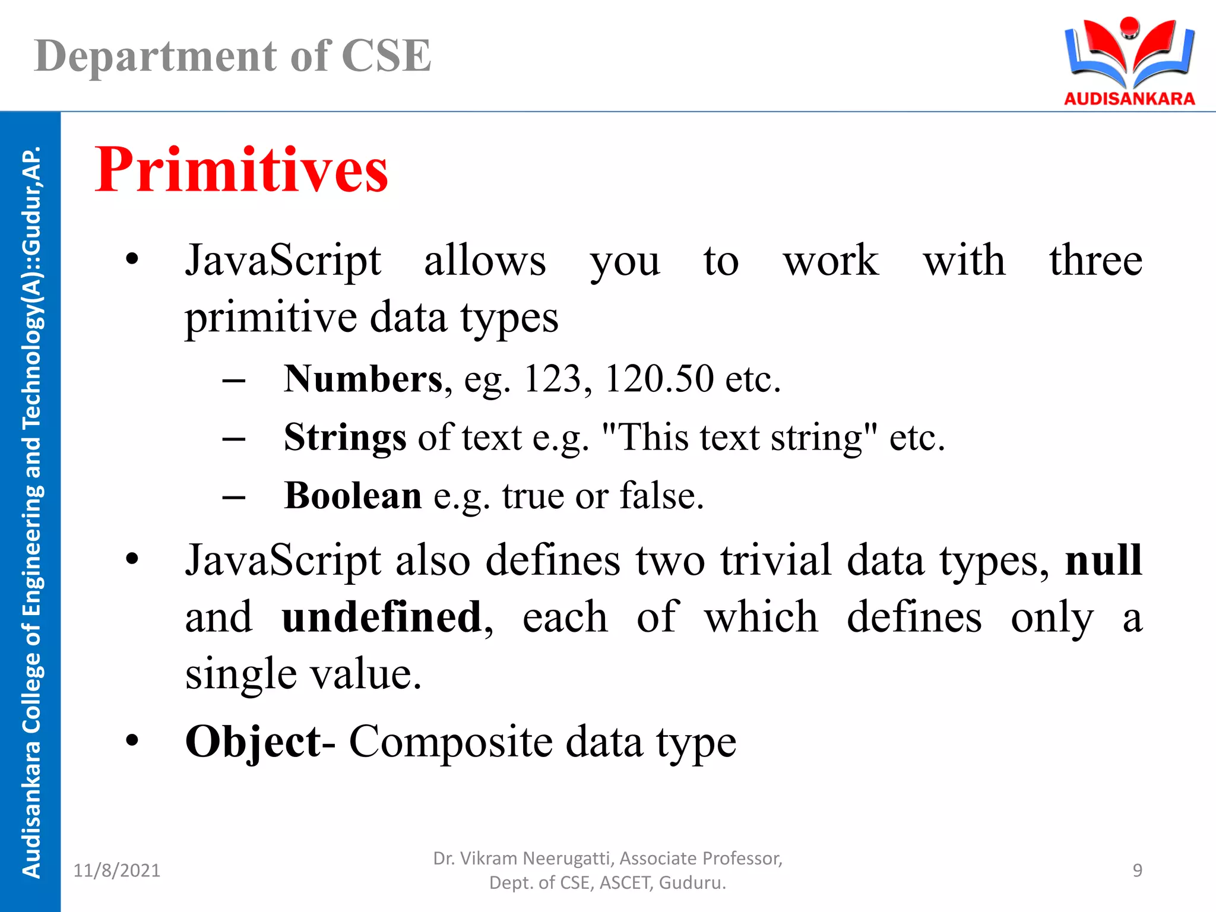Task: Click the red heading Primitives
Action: tap(241, 170)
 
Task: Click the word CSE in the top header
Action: tap(386, 56)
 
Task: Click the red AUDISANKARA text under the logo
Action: tap(1129, 99)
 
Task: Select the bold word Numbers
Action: tap(363, 379)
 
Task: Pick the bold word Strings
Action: tap(345, 438)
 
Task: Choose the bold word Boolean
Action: tap(353, 495)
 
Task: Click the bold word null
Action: tap(1103, 559)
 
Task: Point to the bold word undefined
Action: tap(381, 617)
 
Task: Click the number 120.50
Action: tap(659, 379)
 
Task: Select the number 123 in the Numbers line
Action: tap(552, 379)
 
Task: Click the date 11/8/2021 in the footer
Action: tap(116, 870)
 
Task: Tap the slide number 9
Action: tap(1137, 870)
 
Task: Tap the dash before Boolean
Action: tap(234, 496)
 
